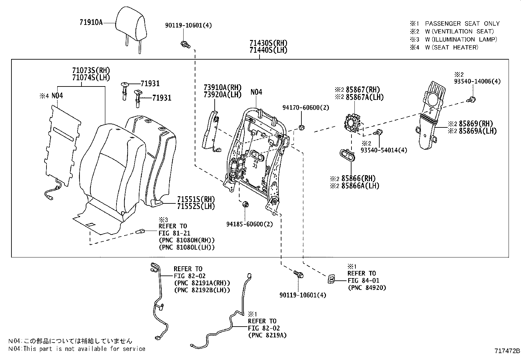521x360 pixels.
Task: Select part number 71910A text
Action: [x=91, y=22]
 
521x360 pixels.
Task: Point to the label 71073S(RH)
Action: [x=91, y=70]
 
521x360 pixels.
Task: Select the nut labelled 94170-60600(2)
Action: [x=302, y=127]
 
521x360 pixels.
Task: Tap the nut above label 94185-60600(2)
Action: [x=245, y=205]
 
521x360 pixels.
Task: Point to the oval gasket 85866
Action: [x=348, y=156]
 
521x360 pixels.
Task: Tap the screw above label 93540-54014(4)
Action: [x=379, y=132]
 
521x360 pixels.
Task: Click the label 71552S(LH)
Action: [x=196, y=206]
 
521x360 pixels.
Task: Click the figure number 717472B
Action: [x=507, y=351]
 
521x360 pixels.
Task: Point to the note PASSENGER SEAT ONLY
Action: [x=462, y=24]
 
